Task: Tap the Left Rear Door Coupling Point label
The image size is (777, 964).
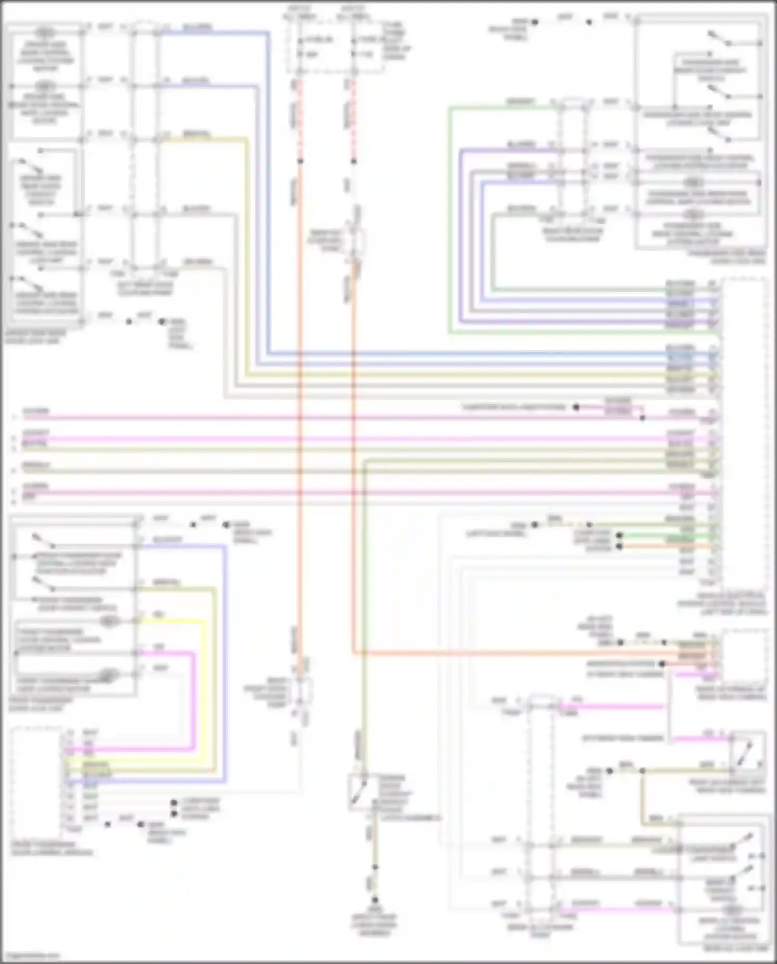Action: click(x=146, y=289)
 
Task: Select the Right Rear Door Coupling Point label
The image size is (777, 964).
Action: click(x=572, y=235)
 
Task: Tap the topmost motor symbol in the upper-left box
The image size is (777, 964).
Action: click(x=45, y=32)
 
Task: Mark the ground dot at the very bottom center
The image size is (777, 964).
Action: click(x=375, y=900)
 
